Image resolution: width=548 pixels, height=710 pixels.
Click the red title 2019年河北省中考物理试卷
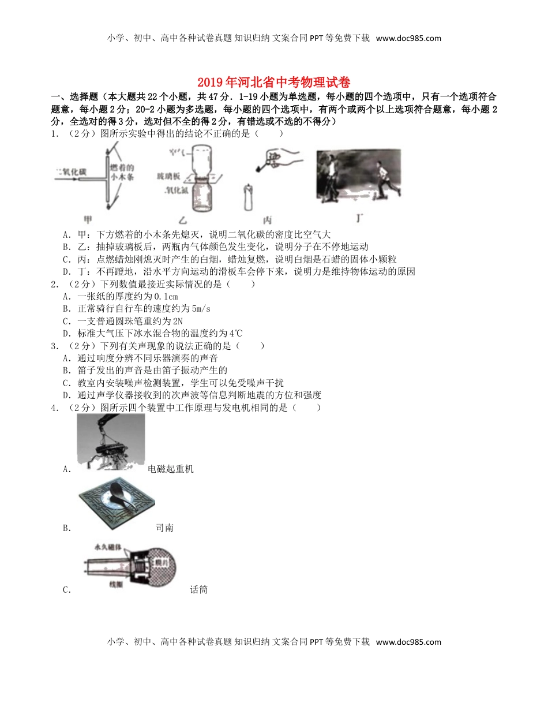coord(273,82)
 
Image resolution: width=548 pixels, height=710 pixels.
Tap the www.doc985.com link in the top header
coord(408,39)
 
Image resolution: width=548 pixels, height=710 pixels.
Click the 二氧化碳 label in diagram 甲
coord(70,171)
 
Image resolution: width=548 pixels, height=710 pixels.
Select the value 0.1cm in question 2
coord(164,296)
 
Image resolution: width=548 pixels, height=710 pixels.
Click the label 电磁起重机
coord(171,469)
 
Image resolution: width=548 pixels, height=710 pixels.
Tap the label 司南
coord(164,528)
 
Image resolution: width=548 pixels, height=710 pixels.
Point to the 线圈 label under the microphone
coord(102,584)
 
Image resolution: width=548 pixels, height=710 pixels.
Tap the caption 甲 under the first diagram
coord(88,219)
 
